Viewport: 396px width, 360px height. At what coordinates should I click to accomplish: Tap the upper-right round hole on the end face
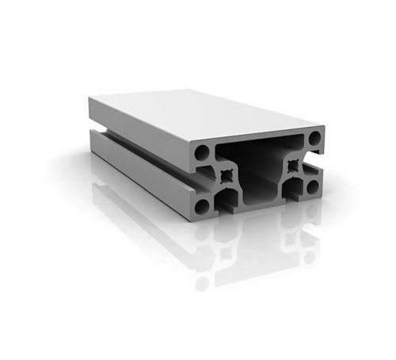click(x=314, y=139)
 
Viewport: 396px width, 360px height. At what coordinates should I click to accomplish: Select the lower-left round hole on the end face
click(x=202, y=206)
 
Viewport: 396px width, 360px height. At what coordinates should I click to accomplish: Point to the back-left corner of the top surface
click(x=90, y=98)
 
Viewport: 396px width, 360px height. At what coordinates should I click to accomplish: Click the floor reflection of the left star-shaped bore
click(x=227, y=252)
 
